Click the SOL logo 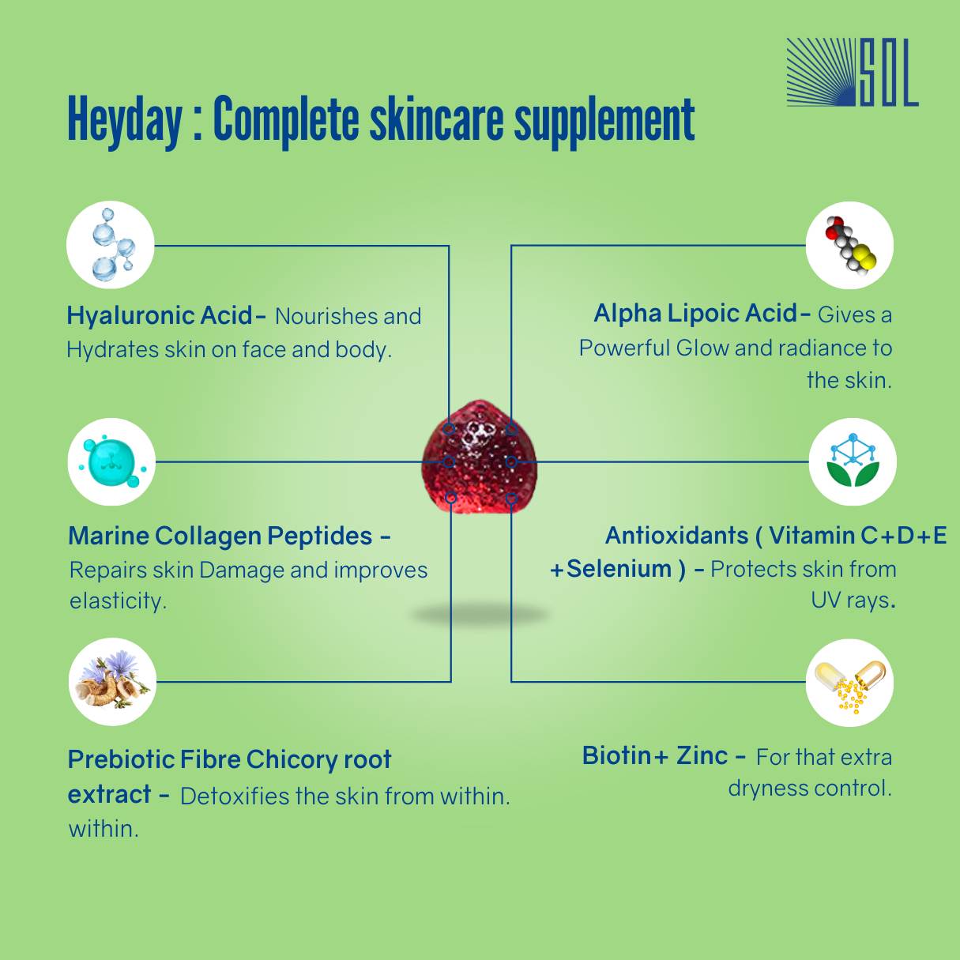coord(853,73)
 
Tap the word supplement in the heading coord(604,122)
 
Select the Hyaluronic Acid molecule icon coord(111,245)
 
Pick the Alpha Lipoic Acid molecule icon coord(849,245)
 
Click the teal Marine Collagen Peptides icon coord(111,462)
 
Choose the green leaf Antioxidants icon coord(853,462)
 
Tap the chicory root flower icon coord(112,682)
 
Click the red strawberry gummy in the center coord(480,457)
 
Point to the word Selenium coord(619,569)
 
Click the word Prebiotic coord(119,759)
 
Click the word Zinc coord(702,756)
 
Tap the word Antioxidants coord(676,536)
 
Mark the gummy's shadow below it coord(480,614)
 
